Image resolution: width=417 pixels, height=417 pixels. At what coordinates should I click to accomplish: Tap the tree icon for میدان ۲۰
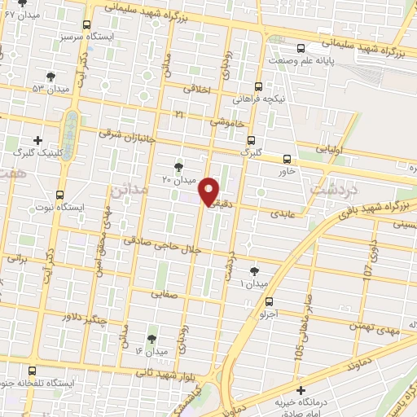178,166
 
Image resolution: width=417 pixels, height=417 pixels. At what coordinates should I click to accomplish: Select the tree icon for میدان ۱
255,271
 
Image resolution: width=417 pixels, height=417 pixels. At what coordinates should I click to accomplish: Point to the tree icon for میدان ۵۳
51,76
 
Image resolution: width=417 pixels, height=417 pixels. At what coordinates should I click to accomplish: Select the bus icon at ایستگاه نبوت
60,195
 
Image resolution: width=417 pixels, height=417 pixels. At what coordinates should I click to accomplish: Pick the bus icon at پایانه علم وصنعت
302,47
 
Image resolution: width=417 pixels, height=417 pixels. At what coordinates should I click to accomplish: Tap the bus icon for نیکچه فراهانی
258,86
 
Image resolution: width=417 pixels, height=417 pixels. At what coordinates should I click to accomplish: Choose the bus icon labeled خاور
287,159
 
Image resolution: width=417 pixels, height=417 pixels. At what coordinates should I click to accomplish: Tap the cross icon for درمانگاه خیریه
302,392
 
